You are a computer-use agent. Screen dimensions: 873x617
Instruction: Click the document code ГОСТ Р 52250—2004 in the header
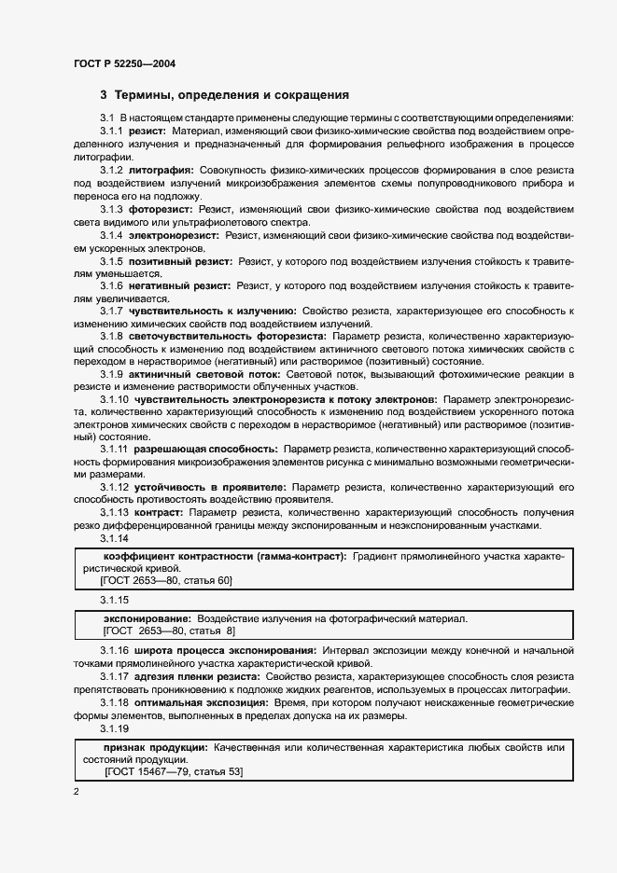click(x=123, y=63)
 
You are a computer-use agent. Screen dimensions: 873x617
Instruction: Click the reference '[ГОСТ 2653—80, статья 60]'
click(x=165, y=580)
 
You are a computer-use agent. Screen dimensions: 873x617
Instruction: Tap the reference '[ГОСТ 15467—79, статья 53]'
click(x=174, y=772)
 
